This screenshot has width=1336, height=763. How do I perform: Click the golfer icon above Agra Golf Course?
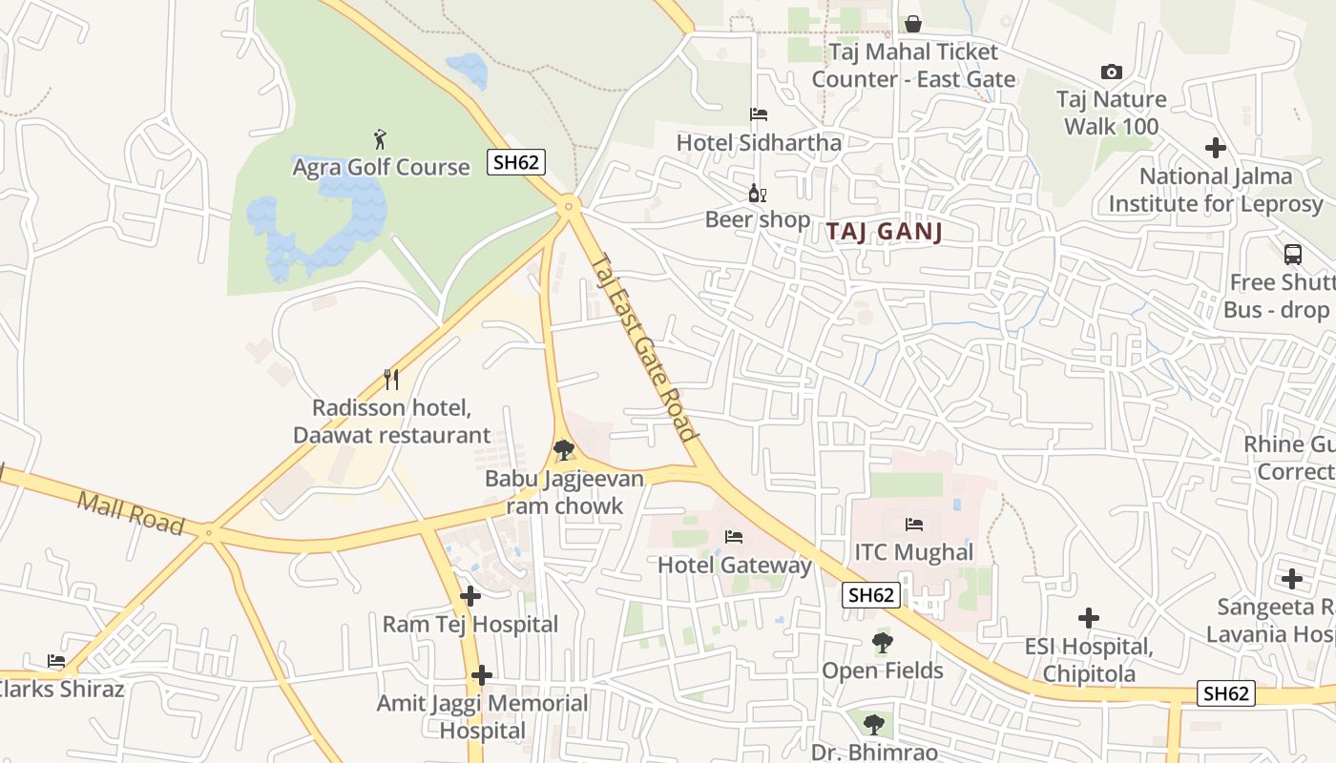click(381, 139)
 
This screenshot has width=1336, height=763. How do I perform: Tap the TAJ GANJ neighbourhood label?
click(884, 232)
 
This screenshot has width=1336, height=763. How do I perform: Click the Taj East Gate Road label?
click(645, 345)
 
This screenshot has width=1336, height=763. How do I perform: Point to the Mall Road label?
click(131, 512)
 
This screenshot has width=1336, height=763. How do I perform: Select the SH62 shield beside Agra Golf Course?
click(515, 162)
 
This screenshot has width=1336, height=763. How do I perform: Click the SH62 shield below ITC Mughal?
click(871, 595)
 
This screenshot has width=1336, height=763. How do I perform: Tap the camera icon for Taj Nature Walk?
click(1111, 72)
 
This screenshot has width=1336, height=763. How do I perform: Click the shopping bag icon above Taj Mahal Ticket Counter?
click(913, 23)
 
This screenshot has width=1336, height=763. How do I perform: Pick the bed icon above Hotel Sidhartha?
click(759, 114)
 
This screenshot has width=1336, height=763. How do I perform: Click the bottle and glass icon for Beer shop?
click(758, 193)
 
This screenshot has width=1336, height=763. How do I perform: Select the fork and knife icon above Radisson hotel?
click(391, 379)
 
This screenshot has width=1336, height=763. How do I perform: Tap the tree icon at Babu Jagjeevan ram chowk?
click(564, 449)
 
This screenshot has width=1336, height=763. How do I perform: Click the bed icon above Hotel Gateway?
click(734, 537)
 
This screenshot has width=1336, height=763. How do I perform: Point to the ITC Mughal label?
click(913, 552)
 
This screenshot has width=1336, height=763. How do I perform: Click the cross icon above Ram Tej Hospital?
click(470, 596)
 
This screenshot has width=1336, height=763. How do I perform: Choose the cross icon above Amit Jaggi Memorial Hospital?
click(482, 675)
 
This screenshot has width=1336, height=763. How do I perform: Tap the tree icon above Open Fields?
click(883, 643)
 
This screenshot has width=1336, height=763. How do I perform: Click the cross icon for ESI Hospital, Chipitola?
click(1088, 618)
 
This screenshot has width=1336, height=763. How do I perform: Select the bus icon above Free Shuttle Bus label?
click(1293, 255)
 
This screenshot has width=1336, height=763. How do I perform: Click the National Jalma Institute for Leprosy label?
click(1216, 190)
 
